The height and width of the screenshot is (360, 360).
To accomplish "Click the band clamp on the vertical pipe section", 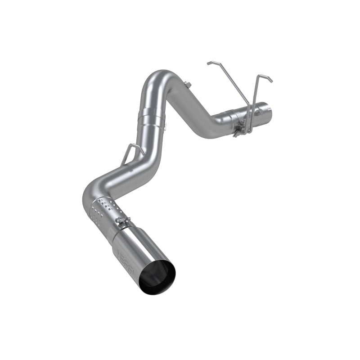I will [x=151, y=114].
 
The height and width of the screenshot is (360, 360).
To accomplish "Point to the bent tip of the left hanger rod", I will [x=210, y=63].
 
